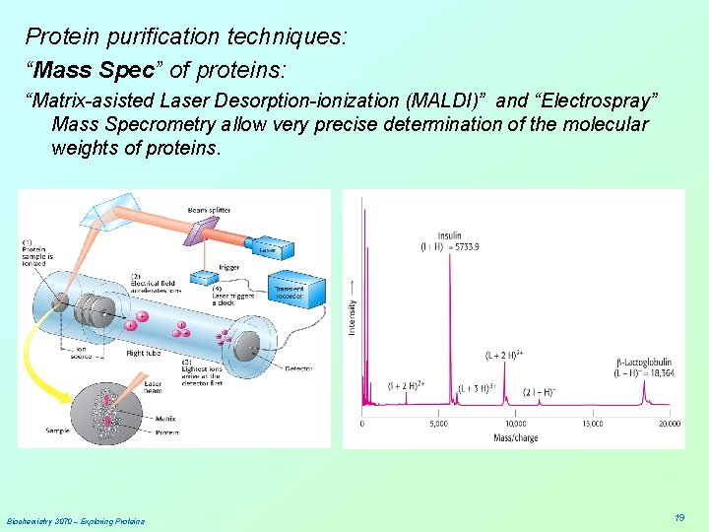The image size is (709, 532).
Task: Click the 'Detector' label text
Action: tap(298, 368)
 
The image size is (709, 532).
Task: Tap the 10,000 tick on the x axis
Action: tap(515, 424)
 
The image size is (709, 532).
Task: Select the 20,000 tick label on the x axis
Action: tap(669, 424)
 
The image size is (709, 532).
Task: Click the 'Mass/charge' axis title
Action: tap(515, 437)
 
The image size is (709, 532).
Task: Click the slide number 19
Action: tap(679, 517)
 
